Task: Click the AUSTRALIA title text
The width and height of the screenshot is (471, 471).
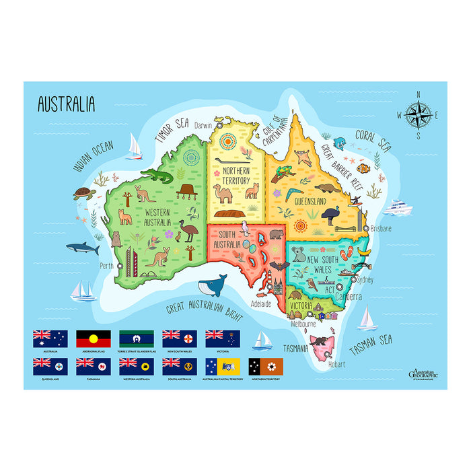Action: (x=66, y=104)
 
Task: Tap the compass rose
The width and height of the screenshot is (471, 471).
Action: (x=418, y=114)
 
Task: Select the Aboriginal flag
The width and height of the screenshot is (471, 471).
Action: (x=93, y=338)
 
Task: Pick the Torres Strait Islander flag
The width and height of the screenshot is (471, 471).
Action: (x=136, y=338)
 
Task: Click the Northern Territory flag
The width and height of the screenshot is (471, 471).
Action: (x=266, y=366)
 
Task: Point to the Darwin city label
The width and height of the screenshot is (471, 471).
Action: (x=203, y=125)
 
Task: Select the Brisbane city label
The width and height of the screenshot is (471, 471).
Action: (x=381, y=228)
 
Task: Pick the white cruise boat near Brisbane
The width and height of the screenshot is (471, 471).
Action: (x=397, y=207)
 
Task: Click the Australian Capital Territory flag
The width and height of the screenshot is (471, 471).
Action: (x=223, y=366)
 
